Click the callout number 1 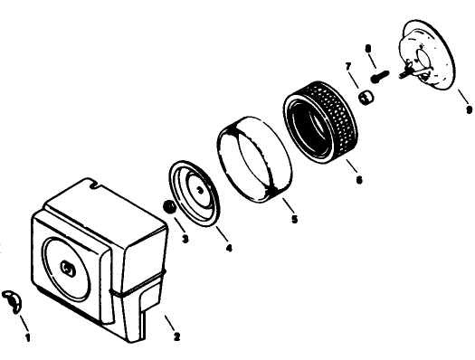pos(27,337)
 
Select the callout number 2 pos(177,336)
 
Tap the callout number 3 pos(185,239)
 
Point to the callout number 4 pos(229,249)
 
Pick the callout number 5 pos(294,219)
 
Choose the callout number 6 pos(359,180)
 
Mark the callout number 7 pos(348,66)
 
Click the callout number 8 pos(367,49)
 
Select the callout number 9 pos(469,109)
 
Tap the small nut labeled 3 pos(169,207)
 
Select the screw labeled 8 pos(380,76)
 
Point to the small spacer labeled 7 pos(366,98)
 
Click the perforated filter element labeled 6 pos(321,121)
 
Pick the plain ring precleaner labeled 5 pos(255,159)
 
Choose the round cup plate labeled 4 pos(195,194)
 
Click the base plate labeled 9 pos(428,55)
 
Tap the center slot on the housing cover pos(68,269)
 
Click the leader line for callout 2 pos(170,323)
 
